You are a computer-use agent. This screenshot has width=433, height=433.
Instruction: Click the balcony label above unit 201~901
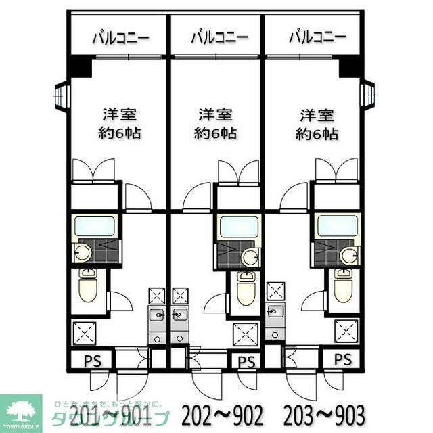coord(120,37)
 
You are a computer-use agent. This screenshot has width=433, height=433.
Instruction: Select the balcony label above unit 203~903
coord(317,37)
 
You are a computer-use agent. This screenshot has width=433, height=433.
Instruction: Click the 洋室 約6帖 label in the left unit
coord(122,123)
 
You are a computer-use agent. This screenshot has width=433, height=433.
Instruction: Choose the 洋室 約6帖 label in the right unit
coord(317,123)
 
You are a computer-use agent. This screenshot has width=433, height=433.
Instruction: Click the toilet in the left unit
coord(88,286)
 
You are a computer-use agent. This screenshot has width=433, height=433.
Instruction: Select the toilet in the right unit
coord(342,287)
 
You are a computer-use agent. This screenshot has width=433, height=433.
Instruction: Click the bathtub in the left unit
coord(94,227)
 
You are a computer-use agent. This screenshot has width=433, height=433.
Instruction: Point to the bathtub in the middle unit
coord(239,227)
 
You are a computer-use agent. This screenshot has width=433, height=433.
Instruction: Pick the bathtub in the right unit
coord(336,227)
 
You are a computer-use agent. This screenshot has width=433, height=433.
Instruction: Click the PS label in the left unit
coord(91,360)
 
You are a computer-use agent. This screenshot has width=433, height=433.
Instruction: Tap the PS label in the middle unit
coord(246,362)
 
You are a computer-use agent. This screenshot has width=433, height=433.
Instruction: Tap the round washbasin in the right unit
coord(348,256)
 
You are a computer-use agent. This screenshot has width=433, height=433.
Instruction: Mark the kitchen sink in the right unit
coord(275,311)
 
